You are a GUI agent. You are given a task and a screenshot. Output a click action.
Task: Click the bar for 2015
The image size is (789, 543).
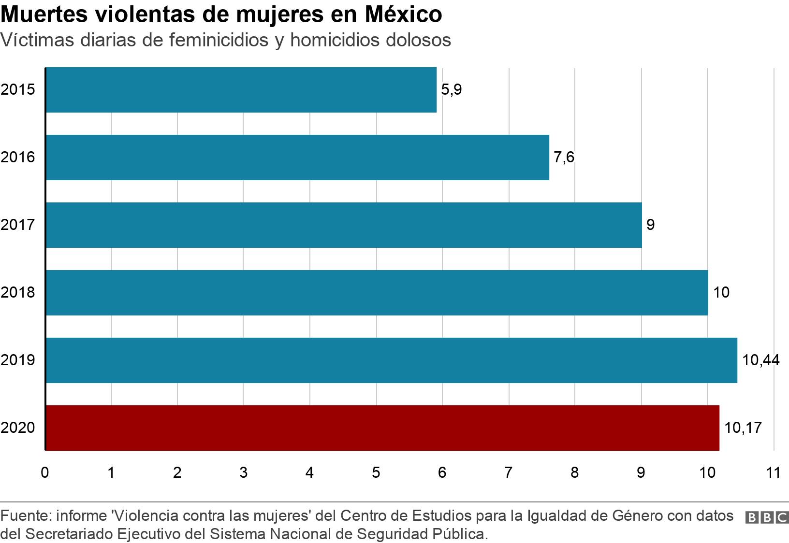241,90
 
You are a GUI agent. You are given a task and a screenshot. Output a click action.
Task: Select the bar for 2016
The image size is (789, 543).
297,157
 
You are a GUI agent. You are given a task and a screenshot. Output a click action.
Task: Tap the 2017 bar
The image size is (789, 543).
344,225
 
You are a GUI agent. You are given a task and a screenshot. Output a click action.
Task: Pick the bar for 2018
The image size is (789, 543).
377,293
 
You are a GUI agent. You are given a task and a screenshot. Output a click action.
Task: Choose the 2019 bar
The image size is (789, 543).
392,360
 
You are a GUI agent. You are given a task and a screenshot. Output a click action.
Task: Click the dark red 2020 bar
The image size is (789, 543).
382,428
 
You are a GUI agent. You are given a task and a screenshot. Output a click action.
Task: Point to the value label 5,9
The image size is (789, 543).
452,90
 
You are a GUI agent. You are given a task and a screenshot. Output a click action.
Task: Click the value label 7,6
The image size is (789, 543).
564,157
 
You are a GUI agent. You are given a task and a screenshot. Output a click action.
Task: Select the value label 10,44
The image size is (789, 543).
760,360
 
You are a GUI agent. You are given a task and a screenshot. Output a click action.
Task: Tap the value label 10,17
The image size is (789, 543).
743,428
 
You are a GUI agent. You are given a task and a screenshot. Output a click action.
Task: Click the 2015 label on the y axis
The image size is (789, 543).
18,90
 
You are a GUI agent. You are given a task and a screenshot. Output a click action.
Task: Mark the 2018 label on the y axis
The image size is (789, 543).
18,293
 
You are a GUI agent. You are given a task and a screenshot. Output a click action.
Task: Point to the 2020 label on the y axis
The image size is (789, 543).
18,428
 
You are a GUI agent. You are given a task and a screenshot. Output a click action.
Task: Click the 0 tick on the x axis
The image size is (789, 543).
45,472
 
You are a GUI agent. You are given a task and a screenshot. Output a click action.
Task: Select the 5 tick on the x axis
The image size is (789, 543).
376,472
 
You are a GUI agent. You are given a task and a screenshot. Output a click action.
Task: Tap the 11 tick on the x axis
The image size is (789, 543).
773,472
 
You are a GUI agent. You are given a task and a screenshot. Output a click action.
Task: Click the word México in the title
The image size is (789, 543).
403,14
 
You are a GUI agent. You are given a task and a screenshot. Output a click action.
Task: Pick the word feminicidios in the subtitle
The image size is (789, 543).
219,40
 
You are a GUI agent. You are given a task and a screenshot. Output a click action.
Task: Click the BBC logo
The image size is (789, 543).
767,517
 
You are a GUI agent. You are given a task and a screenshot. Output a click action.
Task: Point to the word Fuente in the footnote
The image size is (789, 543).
25,516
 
